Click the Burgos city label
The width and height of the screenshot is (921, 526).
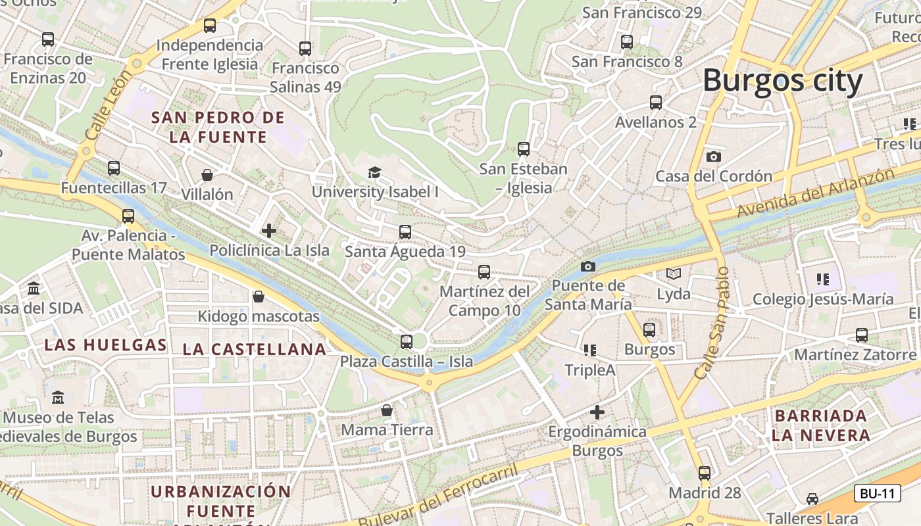pos(782,82)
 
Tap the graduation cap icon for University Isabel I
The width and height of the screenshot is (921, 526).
pos(374,172)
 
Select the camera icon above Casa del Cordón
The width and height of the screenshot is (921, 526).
pos(714,156)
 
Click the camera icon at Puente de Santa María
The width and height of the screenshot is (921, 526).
pos(588,266)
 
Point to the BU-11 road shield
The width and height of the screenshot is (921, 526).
pos(877,493)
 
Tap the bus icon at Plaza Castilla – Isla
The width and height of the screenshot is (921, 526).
pos(407,341)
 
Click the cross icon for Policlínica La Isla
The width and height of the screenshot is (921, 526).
pos(268,231)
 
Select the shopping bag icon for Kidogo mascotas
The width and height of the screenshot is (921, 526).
pos(259,297)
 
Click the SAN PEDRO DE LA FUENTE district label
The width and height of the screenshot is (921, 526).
pos(218,127)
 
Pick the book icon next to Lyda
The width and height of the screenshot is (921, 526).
pos(673,274)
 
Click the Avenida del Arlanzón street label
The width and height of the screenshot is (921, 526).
pos(816,193)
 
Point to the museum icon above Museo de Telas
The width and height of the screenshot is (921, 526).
pos(58,397)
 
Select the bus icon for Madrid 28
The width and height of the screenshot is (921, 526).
pos(705,473)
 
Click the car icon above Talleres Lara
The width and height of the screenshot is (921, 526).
pos(812,498)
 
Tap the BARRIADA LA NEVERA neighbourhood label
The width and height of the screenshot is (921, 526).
pos(820,425)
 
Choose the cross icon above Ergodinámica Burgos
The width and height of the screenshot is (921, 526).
pos(597,412)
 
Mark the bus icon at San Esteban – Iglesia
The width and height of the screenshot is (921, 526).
pos(523,149)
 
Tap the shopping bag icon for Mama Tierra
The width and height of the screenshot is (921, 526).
pos(387,410)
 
